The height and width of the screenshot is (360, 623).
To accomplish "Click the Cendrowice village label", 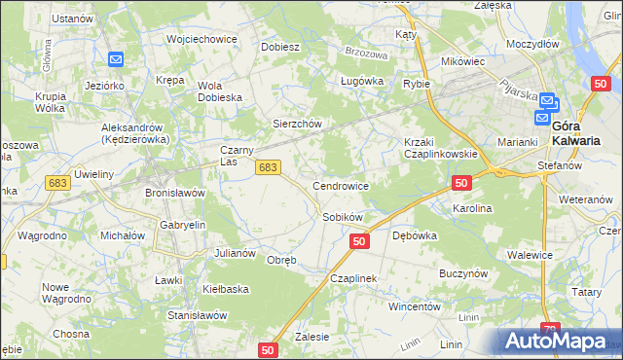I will (340, 185).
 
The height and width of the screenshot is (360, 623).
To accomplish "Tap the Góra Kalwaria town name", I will (574, 132).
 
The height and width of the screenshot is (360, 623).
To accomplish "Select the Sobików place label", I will (342, 216).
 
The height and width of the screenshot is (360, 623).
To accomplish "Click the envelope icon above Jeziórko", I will (116, 60).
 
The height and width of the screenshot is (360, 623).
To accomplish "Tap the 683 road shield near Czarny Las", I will (270, 168).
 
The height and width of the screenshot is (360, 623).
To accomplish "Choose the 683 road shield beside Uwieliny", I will (57, 183).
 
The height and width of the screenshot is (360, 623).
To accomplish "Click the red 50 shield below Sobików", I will (359, 240).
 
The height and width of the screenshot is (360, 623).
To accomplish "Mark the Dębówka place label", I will (414, 235).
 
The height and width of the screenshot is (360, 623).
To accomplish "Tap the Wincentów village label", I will (416, 306).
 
